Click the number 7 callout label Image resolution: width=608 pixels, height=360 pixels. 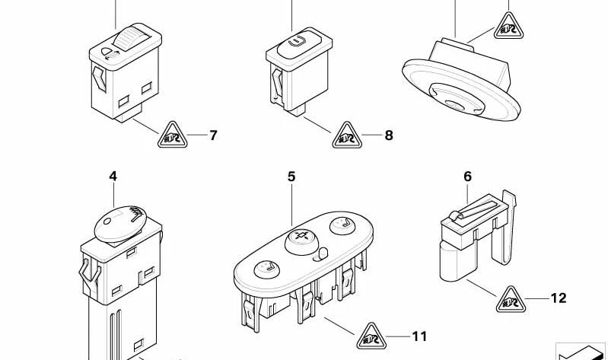[213, 136]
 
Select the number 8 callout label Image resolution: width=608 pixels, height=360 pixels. [389, 136]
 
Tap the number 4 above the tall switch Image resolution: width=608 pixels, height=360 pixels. [113, 177]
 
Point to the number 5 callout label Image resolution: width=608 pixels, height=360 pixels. [291, 177]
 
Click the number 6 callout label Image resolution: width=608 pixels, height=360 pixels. [467, 177]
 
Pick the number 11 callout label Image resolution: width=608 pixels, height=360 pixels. [420, 336]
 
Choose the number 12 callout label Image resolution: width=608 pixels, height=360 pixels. [559, 298]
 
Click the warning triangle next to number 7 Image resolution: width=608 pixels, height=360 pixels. [172, 136]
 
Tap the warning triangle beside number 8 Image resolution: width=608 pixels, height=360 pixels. [347, 136]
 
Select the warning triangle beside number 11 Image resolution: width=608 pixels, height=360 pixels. [370, 335]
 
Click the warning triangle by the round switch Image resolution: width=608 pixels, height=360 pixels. [507, 28]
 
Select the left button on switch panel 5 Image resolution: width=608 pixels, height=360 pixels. [266, 267]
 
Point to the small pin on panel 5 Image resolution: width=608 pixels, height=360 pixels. [322, 253]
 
